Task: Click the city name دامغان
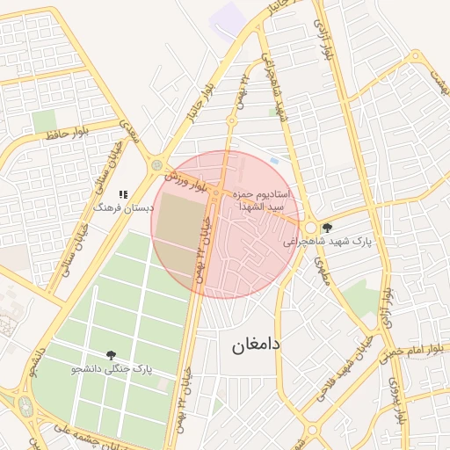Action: coord(256,345)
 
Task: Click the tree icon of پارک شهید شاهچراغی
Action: coord(327,227)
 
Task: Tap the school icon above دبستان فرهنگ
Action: coord(123,193)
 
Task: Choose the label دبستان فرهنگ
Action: coord(124,208)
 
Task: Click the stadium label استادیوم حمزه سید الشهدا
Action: coord(268,198)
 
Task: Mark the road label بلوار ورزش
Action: coord(187,182)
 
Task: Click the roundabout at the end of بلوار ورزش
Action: coord(157,164)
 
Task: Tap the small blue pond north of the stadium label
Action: coord(274,160)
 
